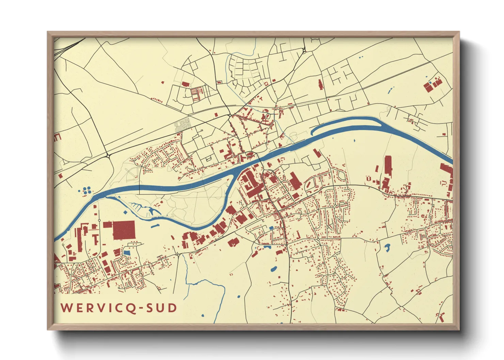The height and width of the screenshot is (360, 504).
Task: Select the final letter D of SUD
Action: click(173, 308)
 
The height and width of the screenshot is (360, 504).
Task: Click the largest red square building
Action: click(124, 230)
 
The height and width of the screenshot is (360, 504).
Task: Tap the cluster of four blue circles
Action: click(87, 190)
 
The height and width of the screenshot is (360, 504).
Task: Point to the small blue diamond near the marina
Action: click(125, 212)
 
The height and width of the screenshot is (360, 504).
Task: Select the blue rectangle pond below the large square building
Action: click(127, 253)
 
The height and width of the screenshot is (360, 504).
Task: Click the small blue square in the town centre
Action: click(271, 228)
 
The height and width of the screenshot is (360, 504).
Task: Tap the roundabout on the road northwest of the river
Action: click(108, 156)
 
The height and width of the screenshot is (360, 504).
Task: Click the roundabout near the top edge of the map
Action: click(304, 51)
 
